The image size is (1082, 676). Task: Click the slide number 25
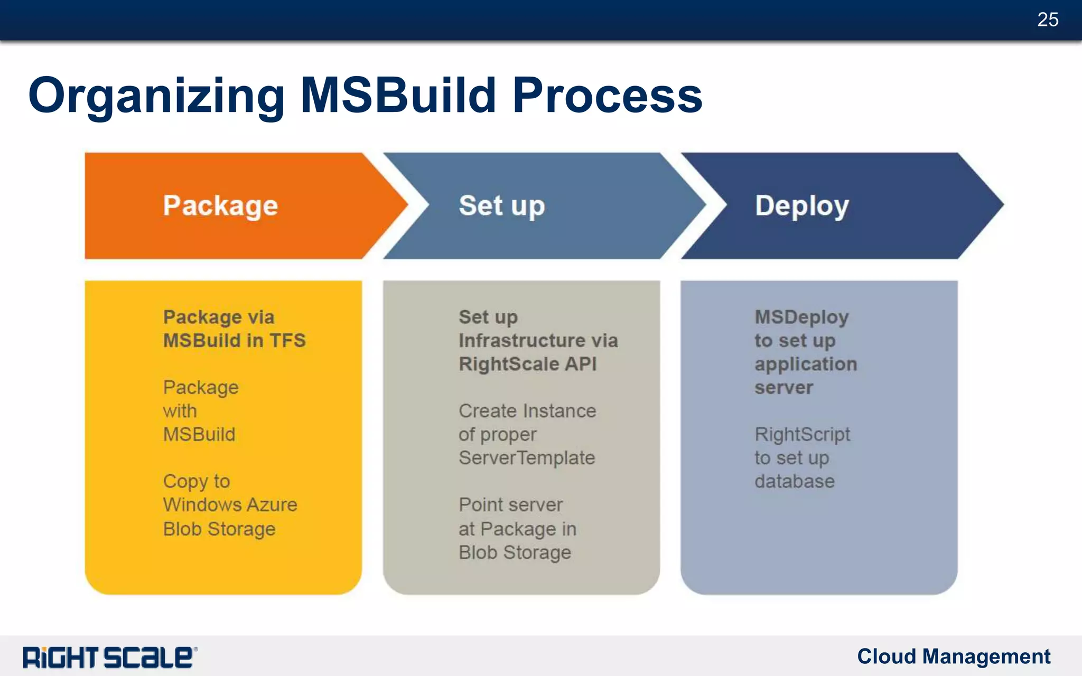pos(1047,20)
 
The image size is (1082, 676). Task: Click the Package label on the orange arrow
pos(220,206)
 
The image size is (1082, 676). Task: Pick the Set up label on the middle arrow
pos(501,206)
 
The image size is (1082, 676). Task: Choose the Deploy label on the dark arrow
pos(801,206)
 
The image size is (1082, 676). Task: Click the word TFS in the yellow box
pos(287,341)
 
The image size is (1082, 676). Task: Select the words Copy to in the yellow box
pos(197,482)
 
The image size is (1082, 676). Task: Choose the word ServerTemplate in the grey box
pos(527,458)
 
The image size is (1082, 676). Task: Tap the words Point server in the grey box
pos(510,505)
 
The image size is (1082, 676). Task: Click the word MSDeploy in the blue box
pos(801,317)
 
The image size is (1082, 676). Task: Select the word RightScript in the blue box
pos(802,435)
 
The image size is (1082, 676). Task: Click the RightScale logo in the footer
pos(110,658)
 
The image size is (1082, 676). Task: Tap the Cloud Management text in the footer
pos(953,656)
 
